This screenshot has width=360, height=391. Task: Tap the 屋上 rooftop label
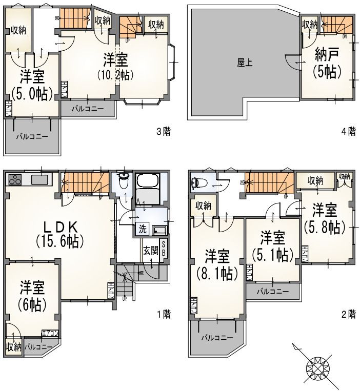tap(244, 62)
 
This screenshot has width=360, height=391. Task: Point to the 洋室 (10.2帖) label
tap(115, 67)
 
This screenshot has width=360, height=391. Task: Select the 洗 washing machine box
tap(142, 230)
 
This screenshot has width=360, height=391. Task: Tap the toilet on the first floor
tap(123, 182)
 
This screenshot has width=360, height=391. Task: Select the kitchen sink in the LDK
tap(39, 180)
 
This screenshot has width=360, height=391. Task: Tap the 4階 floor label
tap(348, 131)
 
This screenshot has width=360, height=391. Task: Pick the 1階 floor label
tap(164, 314)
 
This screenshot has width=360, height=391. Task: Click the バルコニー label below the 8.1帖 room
tap(215, 338)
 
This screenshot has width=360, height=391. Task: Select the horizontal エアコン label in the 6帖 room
tap(49, 332)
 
